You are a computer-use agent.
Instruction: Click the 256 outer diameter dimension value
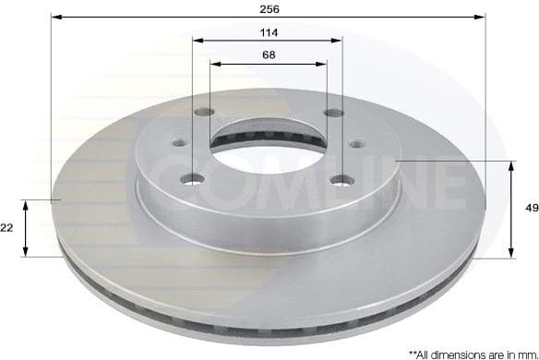coord(269,8)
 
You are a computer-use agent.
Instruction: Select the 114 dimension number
coord(269,31)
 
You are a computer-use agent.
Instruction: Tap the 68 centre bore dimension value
coord(269,54)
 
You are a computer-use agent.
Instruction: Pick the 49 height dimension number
coord(531,210)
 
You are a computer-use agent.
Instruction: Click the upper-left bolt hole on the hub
coord(205,113)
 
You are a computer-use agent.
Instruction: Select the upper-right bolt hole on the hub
coord(333,113)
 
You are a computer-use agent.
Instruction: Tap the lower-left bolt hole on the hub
coord(192,178)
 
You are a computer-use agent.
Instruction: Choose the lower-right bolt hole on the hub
coord(343,179)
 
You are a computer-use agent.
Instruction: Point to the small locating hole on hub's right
coord(356,144)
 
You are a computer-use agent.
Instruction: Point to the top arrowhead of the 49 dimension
coord(511,164)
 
